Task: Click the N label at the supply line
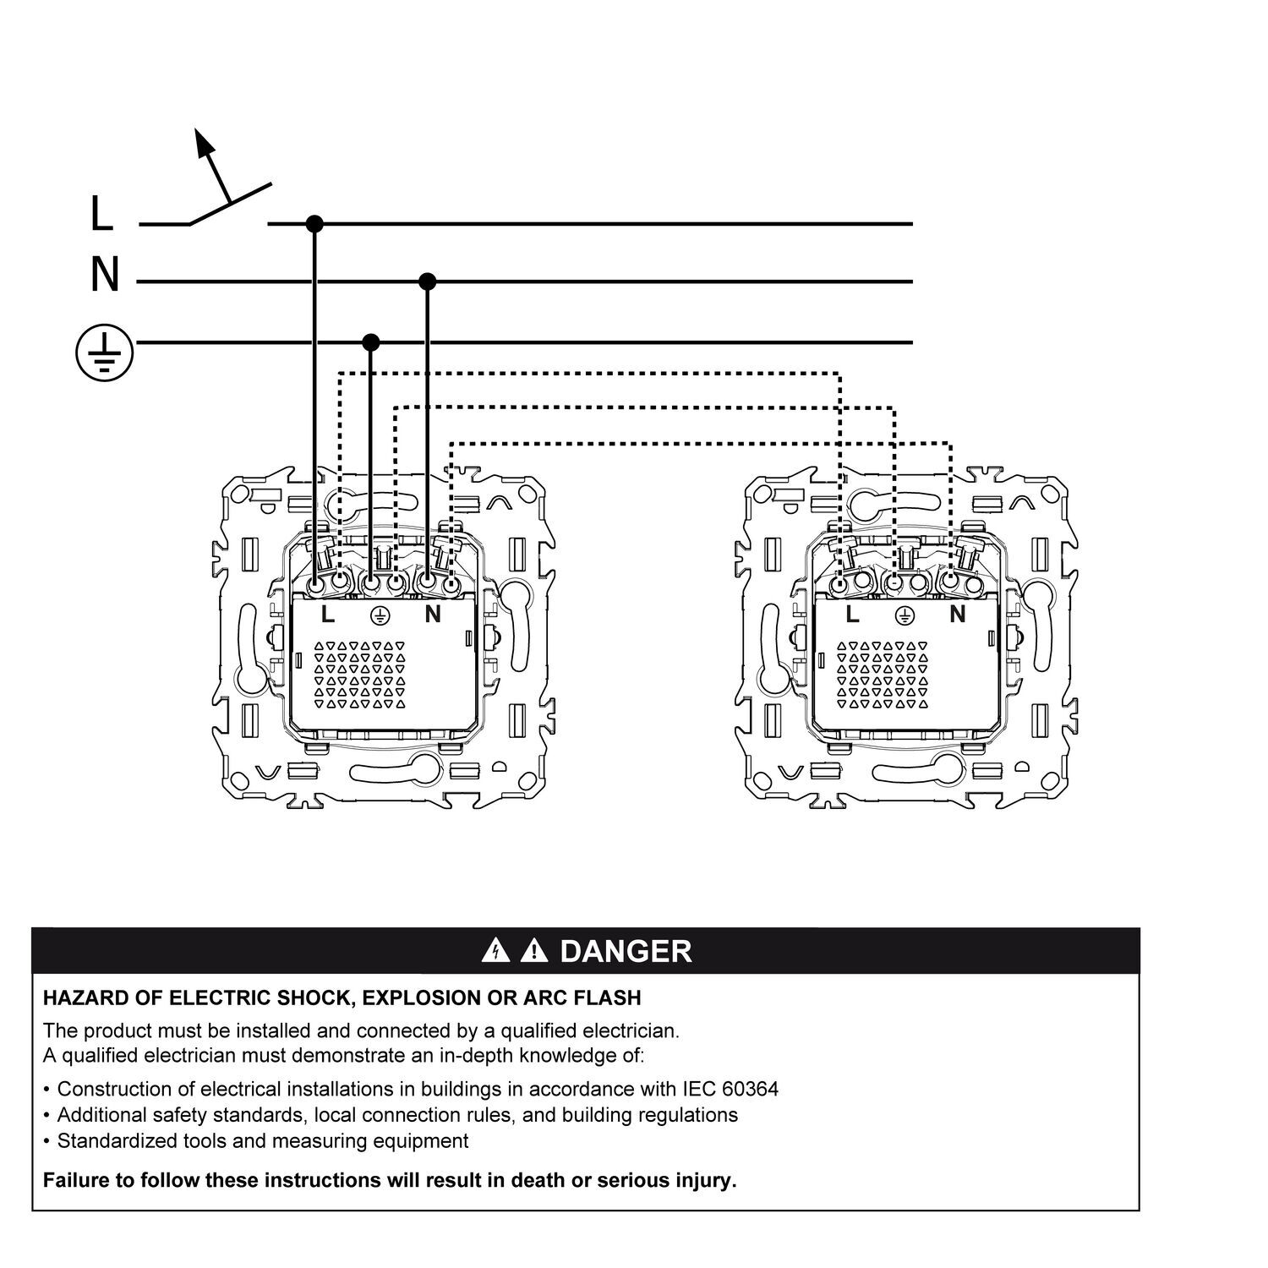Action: point(105,276)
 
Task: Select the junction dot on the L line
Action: point(314,224)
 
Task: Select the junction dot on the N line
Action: point(428,281)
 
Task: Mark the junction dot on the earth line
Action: point(370,342)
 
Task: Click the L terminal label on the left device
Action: point(328,615)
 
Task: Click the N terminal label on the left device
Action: point(433,615)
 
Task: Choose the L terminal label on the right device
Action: point(852,615)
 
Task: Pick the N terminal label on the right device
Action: point(957,615)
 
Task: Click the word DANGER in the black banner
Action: point(626,951)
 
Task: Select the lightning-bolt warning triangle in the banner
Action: point(495,952)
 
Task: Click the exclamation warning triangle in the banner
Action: point(533,952)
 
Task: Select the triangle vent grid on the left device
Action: point(360,674)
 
